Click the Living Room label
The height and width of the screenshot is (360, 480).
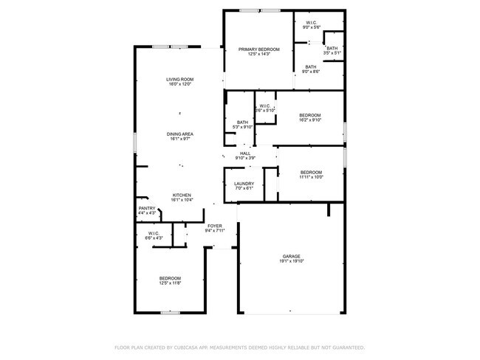click(179, 79)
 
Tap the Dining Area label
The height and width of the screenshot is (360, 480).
click(179, 134)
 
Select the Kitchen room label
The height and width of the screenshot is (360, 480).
click(182, 195)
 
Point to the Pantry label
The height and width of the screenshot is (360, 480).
click(146, 209)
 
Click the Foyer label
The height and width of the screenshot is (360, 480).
click(214, 226)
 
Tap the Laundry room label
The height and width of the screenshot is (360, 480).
click(244, 184)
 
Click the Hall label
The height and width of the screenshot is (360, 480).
click(245, 153)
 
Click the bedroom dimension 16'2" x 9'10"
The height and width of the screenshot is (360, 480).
click(310, 120)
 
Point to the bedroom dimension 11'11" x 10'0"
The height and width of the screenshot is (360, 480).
click(311, 177)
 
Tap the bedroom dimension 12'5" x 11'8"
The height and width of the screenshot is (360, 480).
click(170, 283)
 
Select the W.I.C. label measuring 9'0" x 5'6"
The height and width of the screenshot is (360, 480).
click(311, 28)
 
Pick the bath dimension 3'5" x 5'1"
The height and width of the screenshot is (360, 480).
click(332, 53)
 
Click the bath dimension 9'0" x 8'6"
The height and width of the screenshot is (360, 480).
click(311, 72)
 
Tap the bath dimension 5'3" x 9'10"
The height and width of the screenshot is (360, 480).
click(242, 128)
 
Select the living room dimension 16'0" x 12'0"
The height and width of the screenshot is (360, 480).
click(179, 84)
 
